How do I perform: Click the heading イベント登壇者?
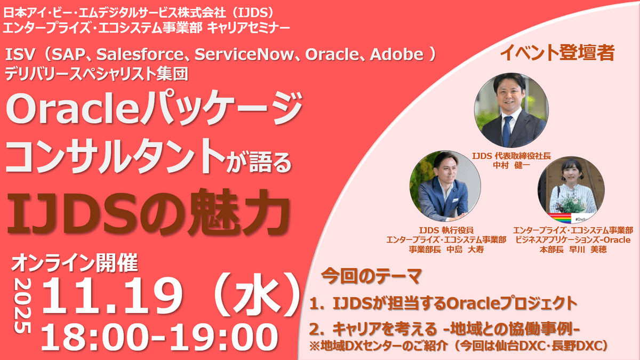click(x=558, y=53)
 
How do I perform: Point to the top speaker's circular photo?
click(x=511, y=110)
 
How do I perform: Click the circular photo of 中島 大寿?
click(x=446, y=187)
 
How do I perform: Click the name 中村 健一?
click(x=511, y=165)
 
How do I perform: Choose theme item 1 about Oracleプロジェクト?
click(x=443, y=303)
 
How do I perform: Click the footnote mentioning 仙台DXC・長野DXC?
click(x=459, y=346)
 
